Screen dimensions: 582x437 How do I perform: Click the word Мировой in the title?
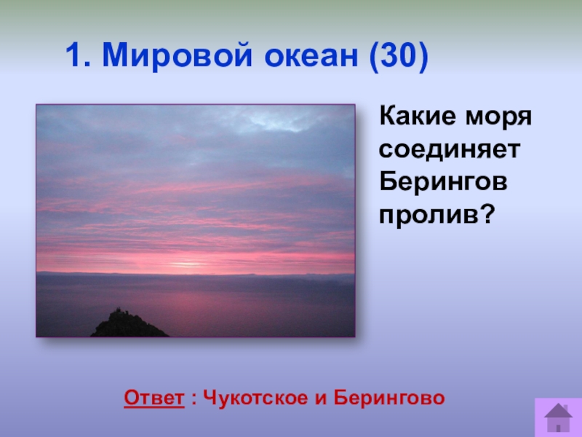[x=177, y=55]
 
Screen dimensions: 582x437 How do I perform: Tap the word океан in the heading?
[x=311, y=56]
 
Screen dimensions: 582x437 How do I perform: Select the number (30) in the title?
[x=399, y=56]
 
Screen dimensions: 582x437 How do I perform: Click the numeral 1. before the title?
[x=78, y=55]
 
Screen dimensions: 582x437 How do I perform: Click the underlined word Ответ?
[x=154, y=398]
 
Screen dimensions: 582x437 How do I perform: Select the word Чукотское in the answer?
[x=256, y=398]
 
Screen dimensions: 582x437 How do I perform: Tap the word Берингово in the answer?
[x=389, y=398]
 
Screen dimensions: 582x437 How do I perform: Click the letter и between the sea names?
[x=321, y=398]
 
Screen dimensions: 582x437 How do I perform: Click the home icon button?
[x=558, y=417]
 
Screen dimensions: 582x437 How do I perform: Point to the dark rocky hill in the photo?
[x=129, y=325]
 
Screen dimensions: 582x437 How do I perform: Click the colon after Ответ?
[x=194, y=399]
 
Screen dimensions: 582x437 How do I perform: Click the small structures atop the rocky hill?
[x=122, y=311]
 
